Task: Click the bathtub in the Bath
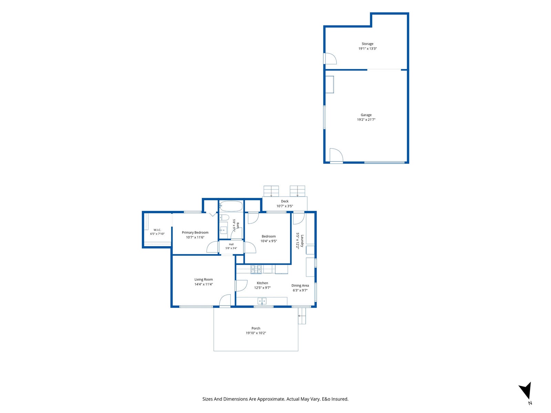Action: (231, 206)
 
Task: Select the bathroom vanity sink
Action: (223, 230)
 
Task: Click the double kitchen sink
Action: (262, 301)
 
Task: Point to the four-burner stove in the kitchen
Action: (256, 269)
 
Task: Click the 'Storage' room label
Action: (367, 44)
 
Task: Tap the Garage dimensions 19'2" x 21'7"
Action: (366, 120)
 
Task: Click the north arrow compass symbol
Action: (526, 390)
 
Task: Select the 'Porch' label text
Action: (256, 328)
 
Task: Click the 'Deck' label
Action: (285, 201)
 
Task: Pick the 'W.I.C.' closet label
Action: (157, 230)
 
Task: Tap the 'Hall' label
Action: (231, 244)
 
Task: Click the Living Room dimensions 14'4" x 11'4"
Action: (204, 284)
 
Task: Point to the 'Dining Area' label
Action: (300, 285)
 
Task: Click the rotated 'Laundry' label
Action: (302, 241)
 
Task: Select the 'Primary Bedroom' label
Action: (195, 232)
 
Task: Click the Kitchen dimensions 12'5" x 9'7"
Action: (262, 288)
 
